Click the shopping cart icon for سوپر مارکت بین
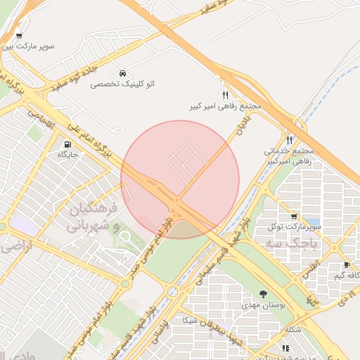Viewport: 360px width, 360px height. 18,36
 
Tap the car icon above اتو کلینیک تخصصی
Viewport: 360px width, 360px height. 123,73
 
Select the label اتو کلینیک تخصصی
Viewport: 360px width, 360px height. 123,84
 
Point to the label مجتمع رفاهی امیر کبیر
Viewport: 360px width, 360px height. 225,106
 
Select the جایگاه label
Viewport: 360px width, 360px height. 67,154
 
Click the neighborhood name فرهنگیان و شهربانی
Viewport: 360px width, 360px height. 97,218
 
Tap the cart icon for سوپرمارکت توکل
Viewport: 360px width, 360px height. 293,217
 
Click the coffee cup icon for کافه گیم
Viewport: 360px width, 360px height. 347,265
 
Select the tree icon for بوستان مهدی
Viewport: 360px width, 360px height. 263,294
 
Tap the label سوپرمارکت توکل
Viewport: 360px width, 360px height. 293,228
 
